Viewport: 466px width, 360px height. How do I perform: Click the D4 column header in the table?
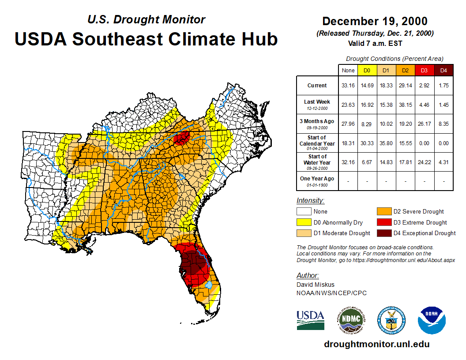point(443,71)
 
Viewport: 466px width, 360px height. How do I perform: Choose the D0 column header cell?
point(367,71)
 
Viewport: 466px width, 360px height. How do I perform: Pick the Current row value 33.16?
point(348,86)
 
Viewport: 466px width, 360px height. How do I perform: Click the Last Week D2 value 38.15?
point(405,105)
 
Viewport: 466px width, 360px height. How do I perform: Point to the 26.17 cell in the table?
point(424,124)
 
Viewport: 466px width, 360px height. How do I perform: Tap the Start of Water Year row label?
point(317,160)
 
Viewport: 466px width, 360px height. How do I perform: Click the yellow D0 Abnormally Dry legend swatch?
point(304,222)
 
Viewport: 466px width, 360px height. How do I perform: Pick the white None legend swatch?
point(304,212)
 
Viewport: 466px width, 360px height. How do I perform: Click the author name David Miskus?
point(315,285)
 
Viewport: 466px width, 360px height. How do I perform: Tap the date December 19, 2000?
point(375,21)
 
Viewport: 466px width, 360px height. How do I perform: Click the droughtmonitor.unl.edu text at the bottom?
point(376,344)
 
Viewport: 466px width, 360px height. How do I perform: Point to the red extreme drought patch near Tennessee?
point(181,138)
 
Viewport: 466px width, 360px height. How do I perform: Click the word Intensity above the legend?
point(310,201)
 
